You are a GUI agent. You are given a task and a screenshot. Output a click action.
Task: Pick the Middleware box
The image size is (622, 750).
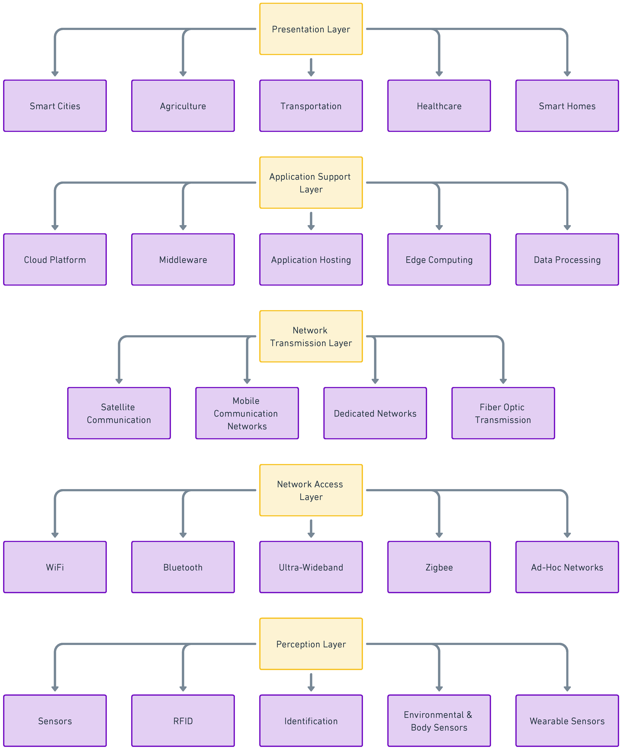[x=183, y=260]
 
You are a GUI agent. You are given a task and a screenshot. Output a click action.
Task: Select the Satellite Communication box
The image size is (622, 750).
[x=119, y=413]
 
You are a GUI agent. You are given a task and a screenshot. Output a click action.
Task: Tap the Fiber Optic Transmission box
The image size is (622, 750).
[x=503, y=413]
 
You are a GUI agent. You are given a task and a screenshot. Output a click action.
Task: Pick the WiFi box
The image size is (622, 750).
[x=55, y=567]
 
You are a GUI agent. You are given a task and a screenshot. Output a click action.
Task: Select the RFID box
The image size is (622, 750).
[x=183, y=721]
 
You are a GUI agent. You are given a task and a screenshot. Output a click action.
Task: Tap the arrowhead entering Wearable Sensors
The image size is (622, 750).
[x=567, y=689]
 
